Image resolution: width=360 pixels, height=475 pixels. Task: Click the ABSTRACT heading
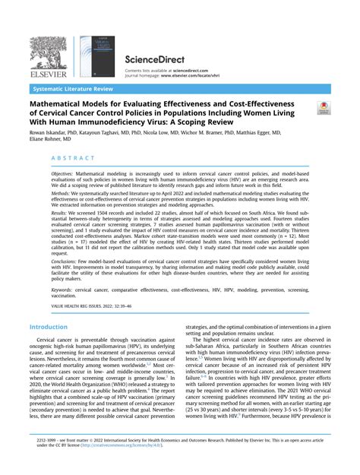point(74,158)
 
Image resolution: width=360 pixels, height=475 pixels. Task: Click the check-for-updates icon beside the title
point(324,109)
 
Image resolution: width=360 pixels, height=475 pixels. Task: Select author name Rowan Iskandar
point(49,131)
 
